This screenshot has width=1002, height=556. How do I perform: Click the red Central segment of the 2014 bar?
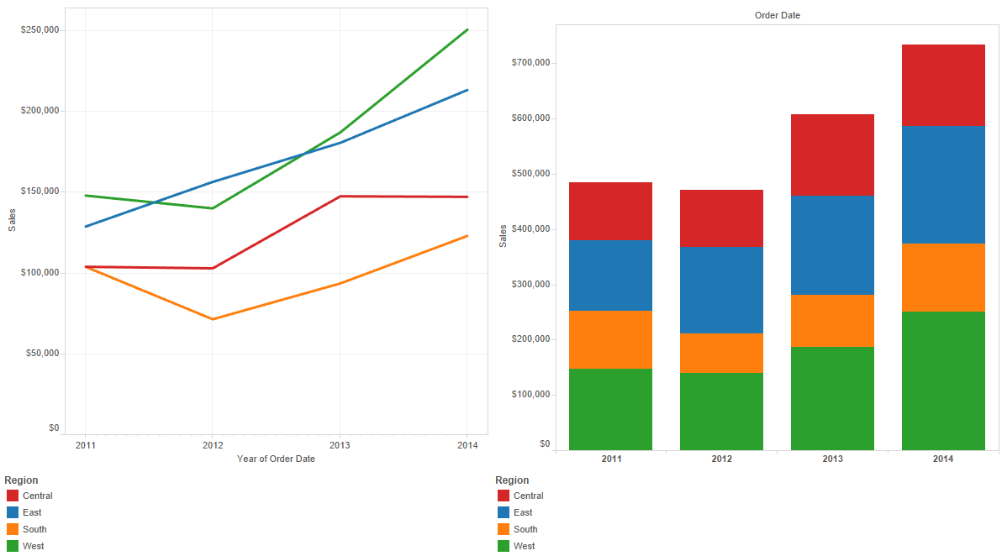click(x=943, y=85)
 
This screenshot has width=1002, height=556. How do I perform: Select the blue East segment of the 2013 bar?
click(x=832, y=245)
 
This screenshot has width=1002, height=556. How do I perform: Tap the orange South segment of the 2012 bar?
click(x=721, y=353)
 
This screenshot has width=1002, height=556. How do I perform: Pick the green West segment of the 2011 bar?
click(x=610, y=409)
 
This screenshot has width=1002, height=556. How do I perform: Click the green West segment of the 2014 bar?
click(x=943, y=380)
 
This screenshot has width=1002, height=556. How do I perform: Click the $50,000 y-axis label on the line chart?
click(x=41, y=354)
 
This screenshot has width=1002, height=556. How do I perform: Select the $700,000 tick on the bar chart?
click(x=530, y=63)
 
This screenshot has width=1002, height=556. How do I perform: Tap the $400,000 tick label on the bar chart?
click(x=530, y=229)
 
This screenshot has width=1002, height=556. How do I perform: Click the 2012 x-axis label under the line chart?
click(x=213, y=445)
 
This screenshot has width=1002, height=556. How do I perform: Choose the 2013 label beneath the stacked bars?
click(x=832, y=459)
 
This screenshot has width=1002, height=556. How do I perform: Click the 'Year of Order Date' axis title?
click(x=276, y=459)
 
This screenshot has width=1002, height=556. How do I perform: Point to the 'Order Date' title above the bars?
click(x=778, y=15)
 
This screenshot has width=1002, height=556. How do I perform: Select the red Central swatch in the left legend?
click(x=13, y=496)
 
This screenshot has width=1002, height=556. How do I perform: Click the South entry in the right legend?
click(x=525, y=529)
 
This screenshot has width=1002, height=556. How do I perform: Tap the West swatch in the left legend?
click(x=13, y=546)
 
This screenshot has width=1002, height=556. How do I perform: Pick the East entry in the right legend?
click(x=523, y=512)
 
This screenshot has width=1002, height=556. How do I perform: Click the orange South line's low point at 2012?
click(x=213, y=319)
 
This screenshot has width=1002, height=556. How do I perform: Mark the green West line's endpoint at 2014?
click(x=467, y=29)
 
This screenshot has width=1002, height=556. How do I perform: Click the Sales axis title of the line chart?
click(x=12, y=220)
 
